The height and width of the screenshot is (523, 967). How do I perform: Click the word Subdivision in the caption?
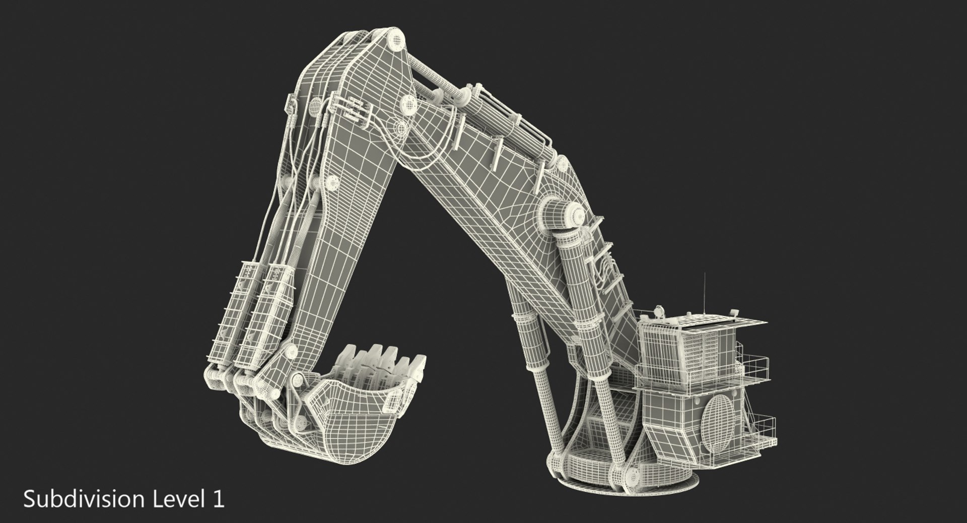84,499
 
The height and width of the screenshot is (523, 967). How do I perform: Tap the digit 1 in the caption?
218,499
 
